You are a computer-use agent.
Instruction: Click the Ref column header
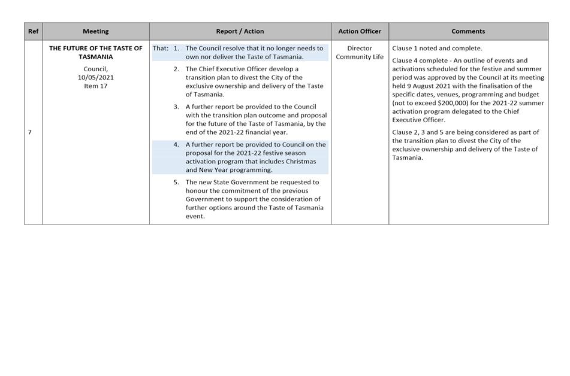34,31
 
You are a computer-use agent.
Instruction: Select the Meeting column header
96,31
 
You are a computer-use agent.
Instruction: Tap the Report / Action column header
240,31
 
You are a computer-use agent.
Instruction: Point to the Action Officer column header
360,31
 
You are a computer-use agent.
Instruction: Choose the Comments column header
468,31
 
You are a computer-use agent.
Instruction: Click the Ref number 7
29,132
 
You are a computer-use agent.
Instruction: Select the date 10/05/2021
96,77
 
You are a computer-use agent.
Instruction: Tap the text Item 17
96,86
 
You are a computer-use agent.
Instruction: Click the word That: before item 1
161,48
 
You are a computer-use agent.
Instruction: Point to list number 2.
176,69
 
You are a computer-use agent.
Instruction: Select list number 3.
176,107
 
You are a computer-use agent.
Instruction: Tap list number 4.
176,144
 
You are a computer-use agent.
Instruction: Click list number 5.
176,182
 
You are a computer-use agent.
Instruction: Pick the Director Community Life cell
360,53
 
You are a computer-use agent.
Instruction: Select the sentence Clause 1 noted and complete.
437,48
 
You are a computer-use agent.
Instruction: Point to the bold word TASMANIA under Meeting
96,57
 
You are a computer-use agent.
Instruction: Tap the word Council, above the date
96,69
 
